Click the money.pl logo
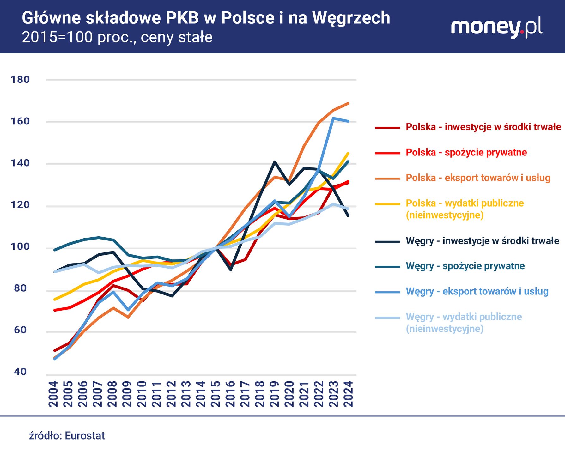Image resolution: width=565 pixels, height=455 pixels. click(x=496, y=27)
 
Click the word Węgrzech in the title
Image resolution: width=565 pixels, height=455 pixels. click(x=351, y=18)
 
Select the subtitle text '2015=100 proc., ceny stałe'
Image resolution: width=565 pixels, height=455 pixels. click(x=117, y=37)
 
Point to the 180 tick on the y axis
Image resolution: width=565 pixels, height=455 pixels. click(x=20, y=80)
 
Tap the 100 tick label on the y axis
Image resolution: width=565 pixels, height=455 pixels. click(x=20, y=246)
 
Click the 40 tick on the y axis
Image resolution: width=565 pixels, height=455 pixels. click(x=20, y=372)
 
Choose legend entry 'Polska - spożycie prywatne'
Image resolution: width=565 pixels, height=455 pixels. click(x=466, y=152)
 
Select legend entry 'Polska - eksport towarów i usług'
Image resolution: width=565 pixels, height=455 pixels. click(x=478, y=178)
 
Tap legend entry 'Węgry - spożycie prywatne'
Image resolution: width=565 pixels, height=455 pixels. click(x=465, y=266)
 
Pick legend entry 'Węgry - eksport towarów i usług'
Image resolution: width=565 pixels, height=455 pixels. click(x=477, y=291)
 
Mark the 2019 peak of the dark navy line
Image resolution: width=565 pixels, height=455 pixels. click(x=275, y=162)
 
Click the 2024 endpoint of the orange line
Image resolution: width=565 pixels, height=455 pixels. click(x=348, y=103)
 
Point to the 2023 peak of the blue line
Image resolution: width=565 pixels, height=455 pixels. click(x=334, y=118)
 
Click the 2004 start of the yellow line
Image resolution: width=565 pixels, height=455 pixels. click(x=55, y=299)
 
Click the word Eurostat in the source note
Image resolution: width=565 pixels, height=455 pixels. click(x=85, y=436)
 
